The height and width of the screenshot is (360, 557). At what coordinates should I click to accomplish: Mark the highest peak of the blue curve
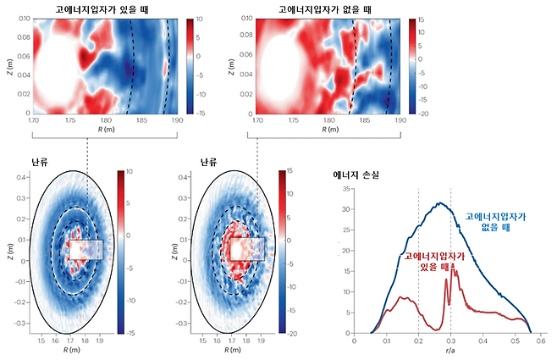438,203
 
